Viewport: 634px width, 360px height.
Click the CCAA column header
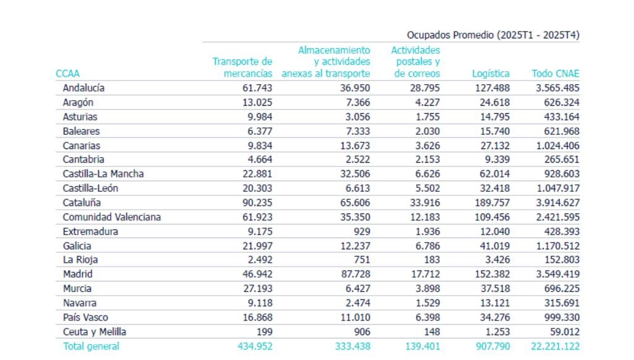(x=67, y=74)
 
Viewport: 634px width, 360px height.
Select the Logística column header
(x=490, y=74)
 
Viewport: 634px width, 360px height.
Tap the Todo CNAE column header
(x=555, y=74)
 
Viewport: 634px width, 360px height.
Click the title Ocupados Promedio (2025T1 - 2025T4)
(x=493, y=35)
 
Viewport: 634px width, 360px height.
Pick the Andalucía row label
(x=84, y=88)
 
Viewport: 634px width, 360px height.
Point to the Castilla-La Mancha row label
(x=103, y=174)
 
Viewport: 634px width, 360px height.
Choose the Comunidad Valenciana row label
(x=111, y=217)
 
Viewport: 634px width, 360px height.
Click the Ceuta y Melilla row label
(x=94, y=332)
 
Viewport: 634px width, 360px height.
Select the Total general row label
(x=91, y=346)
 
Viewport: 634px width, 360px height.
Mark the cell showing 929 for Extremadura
(x=361, y=231)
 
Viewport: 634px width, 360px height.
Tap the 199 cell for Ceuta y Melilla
(x=263, y=332)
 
